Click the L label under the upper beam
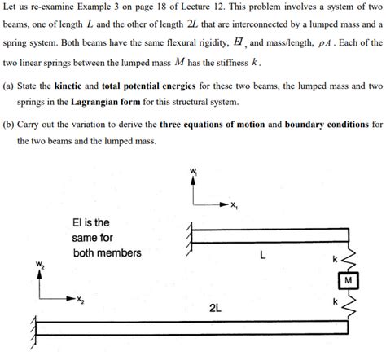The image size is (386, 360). (261, 254)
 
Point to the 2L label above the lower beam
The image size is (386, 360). (217, 309)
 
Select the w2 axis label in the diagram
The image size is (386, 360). (38, 264)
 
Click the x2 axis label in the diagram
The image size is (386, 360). (79, 301)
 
